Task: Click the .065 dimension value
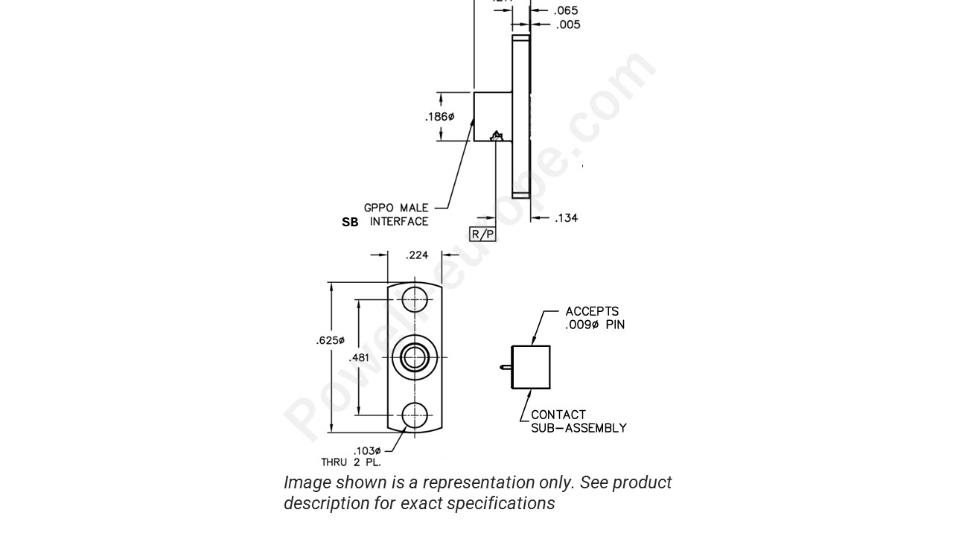click(x=567, y=10)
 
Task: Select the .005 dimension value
click(x=567, y=25)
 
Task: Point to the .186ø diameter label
click(x=439, y=117)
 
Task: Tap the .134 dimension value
click(x=567, y=218)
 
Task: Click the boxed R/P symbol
click(x=482, y=234)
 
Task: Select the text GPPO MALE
click(x=396, y=208)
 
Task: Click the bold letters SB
click(x=350, y=222)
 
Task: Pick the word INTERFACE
click(x=399, y=222)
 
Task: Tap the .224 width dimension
click(x=417, y=255)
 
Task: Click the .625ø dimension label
click(x=331, y=340)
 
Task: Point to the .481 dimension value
click(x=359, y=357)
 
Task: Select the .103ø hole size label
click(x=367, y=450)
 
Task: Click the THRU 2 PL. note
click(x=351, y=462)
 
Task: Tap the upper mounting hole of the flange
click(x=415, y=299)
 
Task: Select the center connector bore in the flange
click(x=415, y=357)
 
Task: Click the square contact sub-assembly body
click(x=531, y=367)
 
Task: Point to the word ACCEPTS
click(x=592, y=311)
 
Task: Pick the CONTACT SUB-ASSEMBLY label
click(x=578, y=421)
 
